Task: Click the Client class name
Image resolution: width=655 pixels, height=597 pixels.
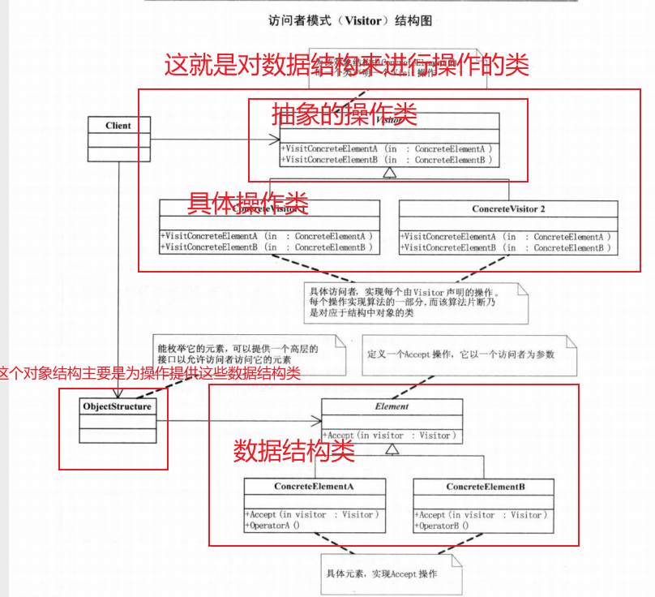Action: tap(118, 126)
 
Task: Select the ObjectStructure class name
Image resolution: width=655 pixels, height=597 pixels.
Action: tap(117, 406)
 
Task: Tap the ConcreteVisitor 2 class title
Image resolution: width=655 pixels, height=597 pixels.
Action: tap(508, 209)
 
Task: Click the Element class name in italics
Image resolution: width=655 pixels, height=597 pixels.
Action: tap(392, 406)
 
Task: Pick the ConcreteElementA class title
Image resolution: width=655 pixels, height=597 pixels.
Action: tap(315, 487)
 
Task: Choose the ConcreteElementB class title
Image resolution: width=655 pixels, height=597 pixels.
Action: tap(485, 487)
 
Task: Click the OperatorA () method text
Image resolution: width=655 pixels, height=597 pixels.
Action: tap(273, 525)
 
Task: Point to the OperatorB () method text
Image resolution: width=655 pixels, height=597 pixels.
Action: tap(443, 525)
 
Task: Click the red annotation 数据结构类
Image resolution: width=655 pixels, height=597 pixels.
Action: tap(294, 451)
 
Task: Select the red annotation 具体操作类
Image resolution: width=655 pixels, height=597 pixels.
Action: tap(248, 202)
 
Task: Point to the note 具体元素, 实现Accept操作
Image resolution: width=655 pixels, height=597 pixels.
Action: tap(382, 573)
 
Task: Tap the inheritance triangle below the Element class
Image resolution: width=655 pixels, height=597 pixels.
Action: tap(392, 449)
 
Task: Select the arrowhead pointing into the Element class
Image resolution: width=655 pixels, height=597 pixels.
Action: tap(316, 421)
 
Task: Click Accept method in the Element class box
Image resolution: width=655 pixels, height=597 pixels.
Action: tap(392, 436)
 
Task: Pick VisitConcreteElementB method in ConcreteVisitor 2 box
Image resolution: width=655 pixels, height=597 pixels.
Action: tap(506, 247)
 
